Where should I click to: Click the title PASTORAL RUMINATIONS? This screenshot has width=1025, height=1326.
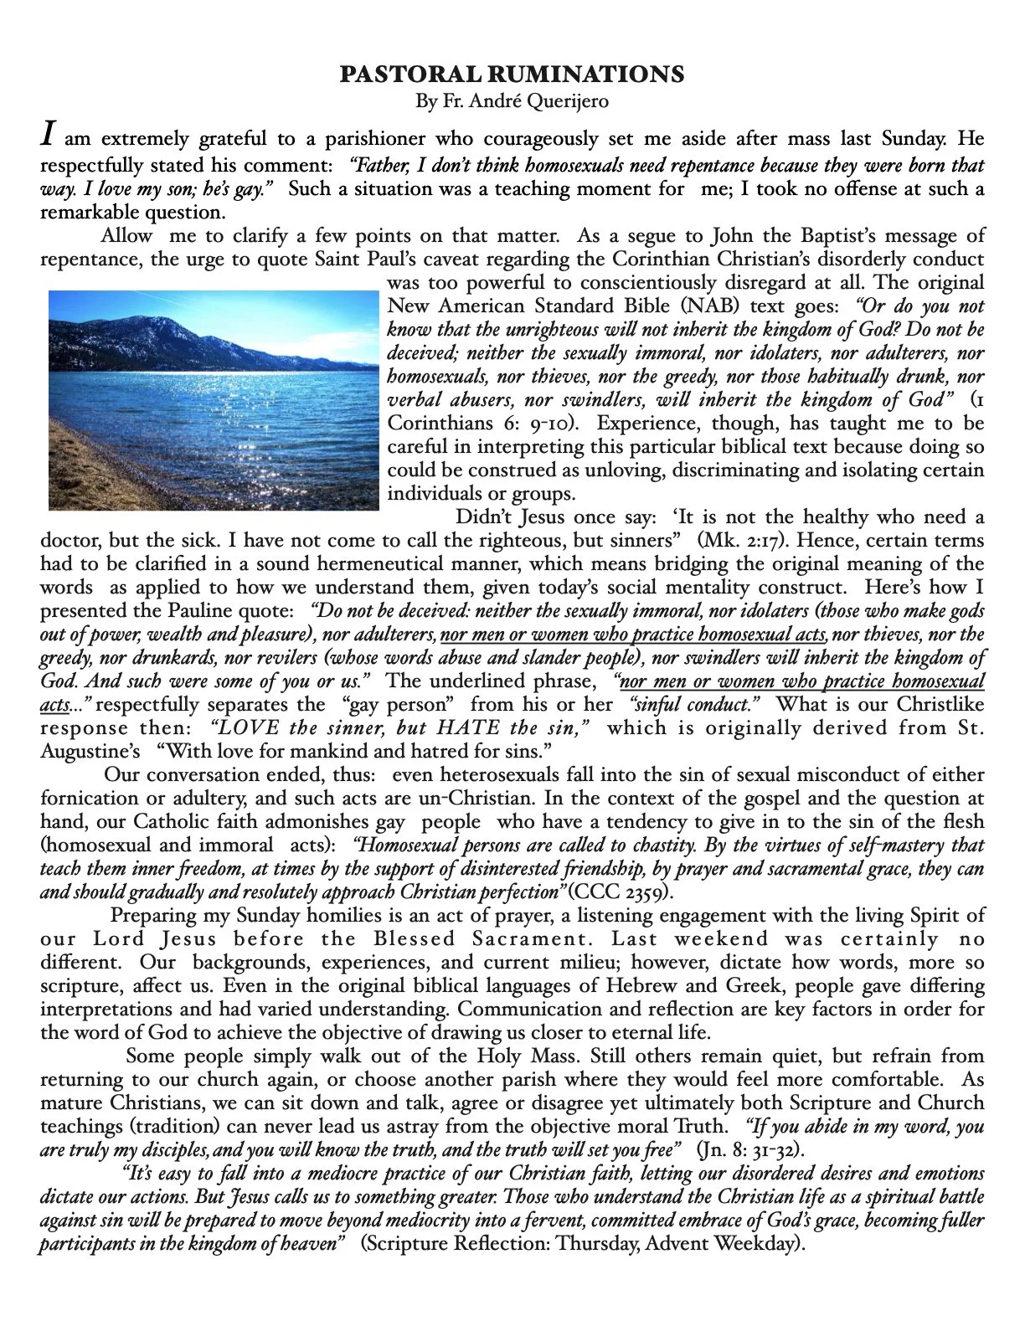(x=512, y=75)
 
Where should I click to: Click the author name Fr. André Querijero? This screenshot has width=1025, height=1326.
(x=512, y=101)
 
